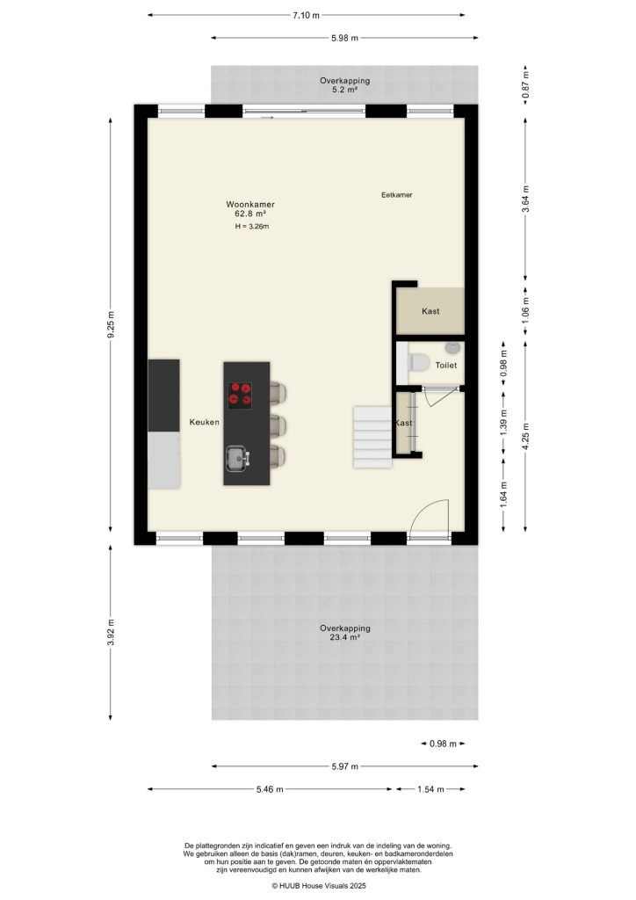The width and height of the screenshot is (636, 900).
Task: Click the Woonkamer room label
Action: [x=250, y=204]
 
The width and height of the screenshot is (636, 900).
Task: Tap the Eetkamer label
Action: [x=397, y=195]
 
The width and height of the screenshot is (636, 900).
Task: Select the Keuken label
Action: [x=204, y=423]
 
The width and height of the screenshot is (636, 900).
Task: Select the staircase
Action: [x=372, y=436]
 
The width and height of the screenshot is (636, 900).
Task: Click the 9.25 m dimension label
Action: [x=111, y=326]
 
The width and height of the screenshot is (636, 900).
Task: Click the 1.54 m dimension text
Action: [x=430, y=789]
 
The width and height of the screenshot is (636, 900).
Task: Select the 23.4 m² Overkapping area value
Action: [x=344, y=639]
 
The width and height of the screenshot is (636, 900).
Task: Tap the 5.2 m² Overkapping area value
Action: [x=344, y=90]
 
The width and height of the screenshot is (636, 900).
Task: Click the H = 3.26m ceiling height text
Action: [x=251, y=227]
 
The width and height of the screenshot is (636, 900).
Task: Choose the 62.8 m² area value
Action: [x=250, y=214]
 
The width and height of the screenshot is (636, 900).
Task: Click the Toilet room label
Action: [x=446, y=365]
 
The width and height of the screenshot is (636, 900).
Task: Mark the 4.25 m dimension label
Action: [x=525, y=434]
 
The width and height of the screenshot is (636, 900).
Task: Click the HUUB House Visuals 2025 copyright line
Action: [x=318, y=887]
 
